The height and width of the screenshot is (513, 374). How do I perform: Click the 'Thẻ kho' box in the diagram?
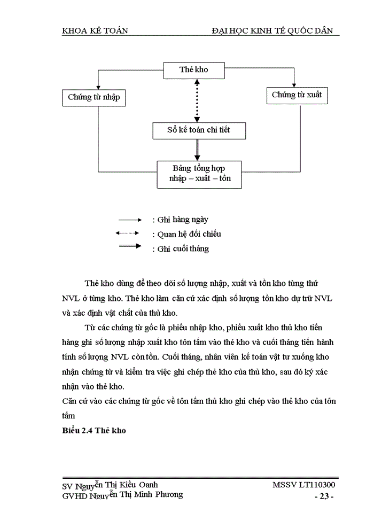tap(193, 69)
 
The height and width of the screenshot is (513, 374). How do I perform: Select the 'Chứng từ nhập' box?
tap(93, 97)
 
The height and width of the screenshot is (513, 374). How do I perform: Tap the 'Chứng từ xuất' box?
tap(297, 95)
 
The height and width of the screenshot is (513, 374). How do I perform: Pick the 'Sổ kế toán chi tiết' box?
tap(199, 130)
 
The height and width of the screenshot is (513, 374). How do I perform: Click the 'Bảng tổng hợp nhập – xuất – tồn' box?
tap(199, 174)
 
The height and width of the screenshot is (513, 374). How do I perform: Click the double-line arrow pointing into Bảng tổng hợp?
tap(197, 150)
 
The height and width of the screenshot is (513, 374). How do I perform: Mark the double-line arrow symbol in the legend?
tap(130, 246)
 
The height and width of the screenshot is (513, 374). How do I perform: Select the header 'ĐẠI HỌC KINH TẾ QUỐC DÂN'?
tap(272, 30)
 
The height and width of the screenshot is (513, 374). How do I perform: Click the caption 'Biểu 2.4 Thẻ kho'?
tap(93, 430)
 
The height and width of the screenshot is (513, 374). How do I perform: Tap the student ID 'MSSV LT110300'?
tap(303, 485)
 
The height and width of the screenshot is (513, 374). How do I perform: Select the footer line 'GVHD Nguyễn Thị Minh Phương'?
tap(122, 495)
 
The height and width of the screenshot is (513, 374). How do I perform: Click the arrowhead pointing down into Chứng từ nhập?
tap(98, 87)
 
